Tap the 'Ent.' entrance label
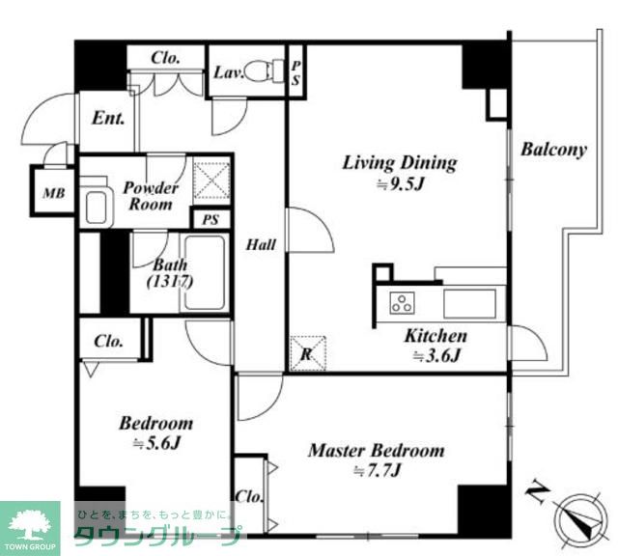coord(108,118)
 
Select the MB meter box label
coord(54,193)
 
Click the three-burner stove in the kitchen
coord(403,303)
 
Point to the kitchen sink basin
coord(470,303)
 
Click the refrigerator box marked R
coord(308,353)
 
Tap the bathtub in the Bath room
coord(205,272)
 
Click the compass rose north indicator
coord(580,518)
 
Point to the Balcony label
coord(553,150)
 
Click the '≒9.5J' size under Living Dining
coord(400,184)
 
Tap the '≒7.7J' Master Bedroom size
coord(378,470)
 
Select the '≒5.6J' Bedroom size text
coord(156,444)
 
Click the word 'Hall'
coord(261,245)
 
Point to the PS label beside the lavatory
coord(295,73)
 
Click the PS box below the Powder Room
coord(211,219)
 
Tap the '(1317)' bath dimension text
coord(170,282)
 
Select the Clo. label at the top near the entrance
coord(165,58)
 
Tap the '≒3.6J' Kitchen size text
coord(436,356)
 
